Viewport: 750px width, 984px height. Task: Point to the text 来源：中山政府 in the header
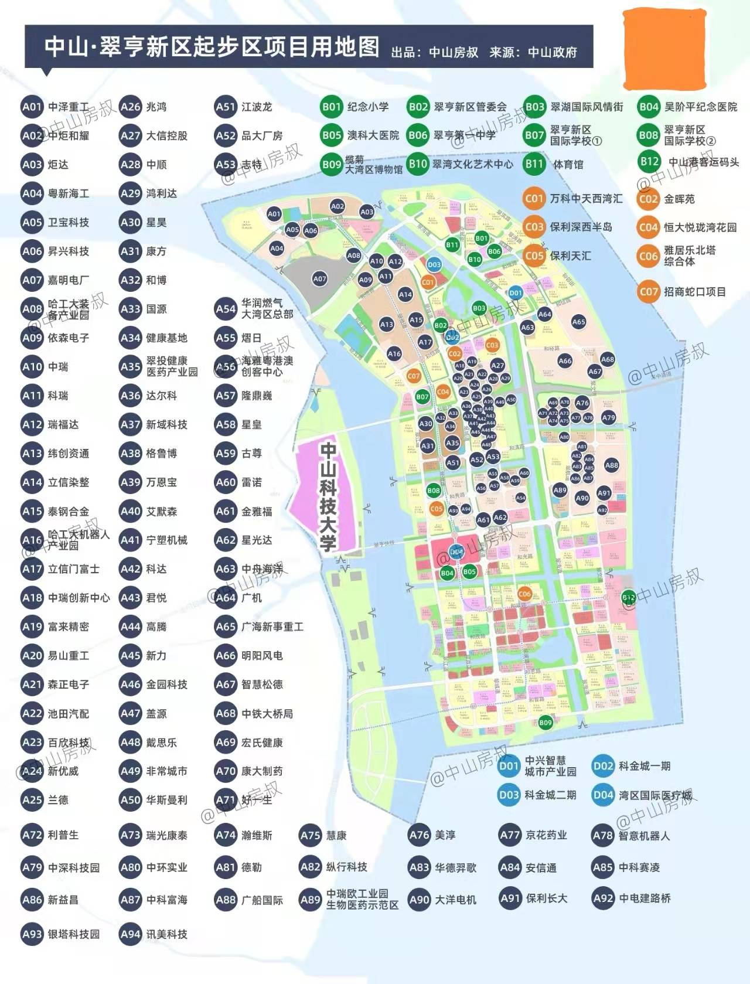(533, 52)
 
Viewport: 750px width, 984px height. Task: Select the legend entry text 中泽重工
(68, 107)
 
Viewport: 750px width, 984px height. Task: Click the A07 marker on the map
(319, 279)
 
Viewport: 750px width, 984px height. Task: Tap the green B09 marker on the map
(546, 723)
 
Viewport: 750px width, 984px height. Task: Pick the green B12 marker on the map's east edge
(629, 598)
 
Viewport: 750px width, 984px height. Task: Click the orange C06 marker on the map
(524, 594)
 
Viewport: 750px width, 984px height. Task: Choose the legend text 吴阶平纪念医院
(701, 107)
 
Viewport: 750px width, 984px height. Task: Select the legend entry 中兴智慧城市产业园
(550, 766)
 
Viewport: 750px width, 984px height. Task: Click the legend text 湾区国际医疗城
(655, 795)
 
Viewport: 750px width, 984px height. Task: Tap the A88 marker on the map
(612, 465)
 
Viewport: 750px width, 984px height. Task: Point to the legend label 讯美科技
(167, 934)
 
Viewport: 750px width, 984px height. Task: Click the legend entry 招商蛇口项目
(695, 292)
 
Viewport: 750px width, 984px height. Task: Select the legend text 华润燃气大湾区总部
(267, 309)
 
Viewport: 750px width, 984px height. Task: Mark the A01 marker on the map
(274, 214)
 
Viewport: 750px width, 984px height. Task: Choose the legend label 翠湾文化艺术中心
(473, 165)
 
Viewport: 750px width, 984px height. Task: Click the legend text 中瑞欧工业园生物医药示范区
(362, 900)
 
